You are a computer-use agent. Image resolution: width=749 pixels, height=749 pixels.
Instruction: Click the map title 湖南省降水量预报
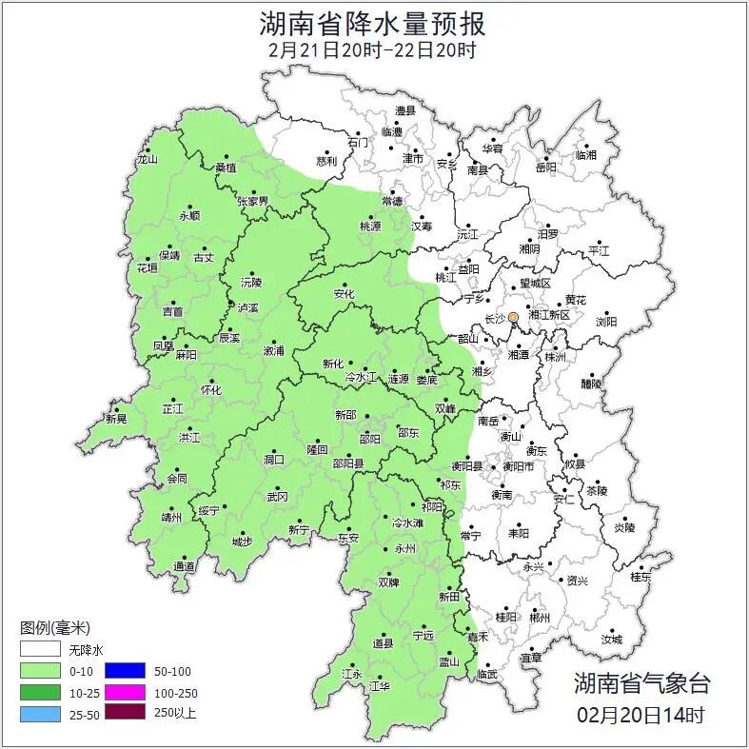tap(373, 24)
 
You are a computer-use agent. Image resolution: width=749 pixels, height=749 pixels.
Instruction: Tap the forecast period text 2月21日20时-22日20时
tap(373, 50)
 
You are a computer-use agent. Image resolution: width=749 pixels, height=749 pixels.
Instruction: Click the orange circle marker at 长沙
tap(513, 317)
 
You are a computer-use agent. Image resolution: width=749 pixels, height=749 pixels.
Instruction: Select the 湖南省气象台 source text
tap(641, 682)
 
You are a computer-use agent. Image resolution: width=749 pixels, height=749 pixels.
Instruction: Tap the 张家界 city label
tap(253, 202)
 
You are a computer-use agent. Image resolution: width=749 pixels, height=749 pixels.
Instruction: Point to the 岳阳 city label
tap(545, 168)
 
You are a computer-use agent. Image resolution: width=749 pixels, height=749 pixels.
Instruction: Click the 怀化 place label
tap(210, 390)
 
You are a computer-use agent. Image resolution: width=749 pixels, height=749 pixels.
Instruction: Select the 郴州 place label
tap(540, 618)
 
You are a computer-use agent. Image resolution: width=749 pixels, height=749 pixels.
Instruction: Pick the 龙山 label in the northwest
tap(147, 159)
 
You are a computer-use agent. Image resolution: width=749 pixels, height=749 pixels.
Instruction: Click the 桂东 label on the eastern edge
tap(641, 577)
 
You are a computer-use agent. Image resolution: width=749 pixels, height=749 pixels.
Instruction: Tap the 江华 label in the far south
tap(379, 685)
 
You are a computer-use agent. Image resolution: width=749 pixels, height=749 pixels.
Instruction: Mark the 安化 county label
tap(344, 294)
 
